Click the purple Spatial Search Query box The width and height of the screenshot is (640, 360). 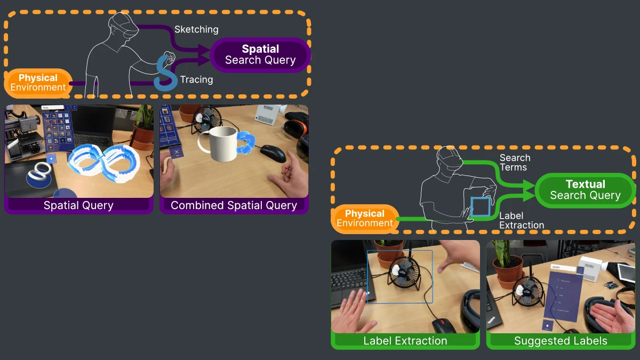pyautogui.click(x=260, y=54)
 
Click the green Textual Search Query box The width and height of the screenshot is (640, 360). pyautogui.click(x=585, y=190)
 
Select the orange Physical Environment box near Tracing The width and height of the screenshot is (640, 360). pyautogui.click(x=38, y=83)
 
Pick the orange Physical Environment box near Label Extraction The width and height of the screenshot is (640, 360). pyautogui.click(x=365, y=219)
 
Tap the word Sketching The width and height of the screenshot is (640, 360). pyautogui.click(x=196, y=29)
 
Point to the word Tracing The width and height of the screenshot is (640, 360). pyautogui.click(x=196, y=80)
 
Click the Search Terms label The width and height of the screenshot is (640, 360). pyautogui.click(x=515, y=163)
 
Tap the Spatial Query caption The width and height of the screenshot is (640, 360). pyautogui.click(x=78, y=205)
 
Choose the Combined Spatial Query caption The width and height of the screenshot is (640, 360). pyautogui.click(x=234, y=205)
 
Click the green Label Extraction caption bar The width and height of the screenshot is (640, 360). pyautogui.click(x=405, y=341)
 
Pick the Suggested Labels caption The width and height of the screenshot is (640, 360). pyautogui.click(x=561, y=341)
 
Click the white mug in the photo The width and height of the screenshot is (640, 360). pyautogui.click(x=223, y=143)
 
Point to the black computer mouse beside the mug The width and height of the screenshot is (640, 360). pyautogui.click(x=273, y=153)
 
